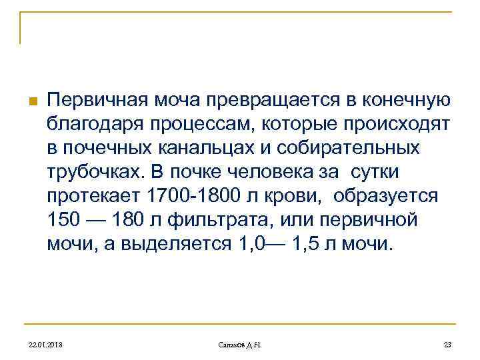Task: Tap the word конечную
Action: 405,100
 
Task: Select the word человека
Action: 267,171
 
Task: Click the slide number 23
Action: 447,343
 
